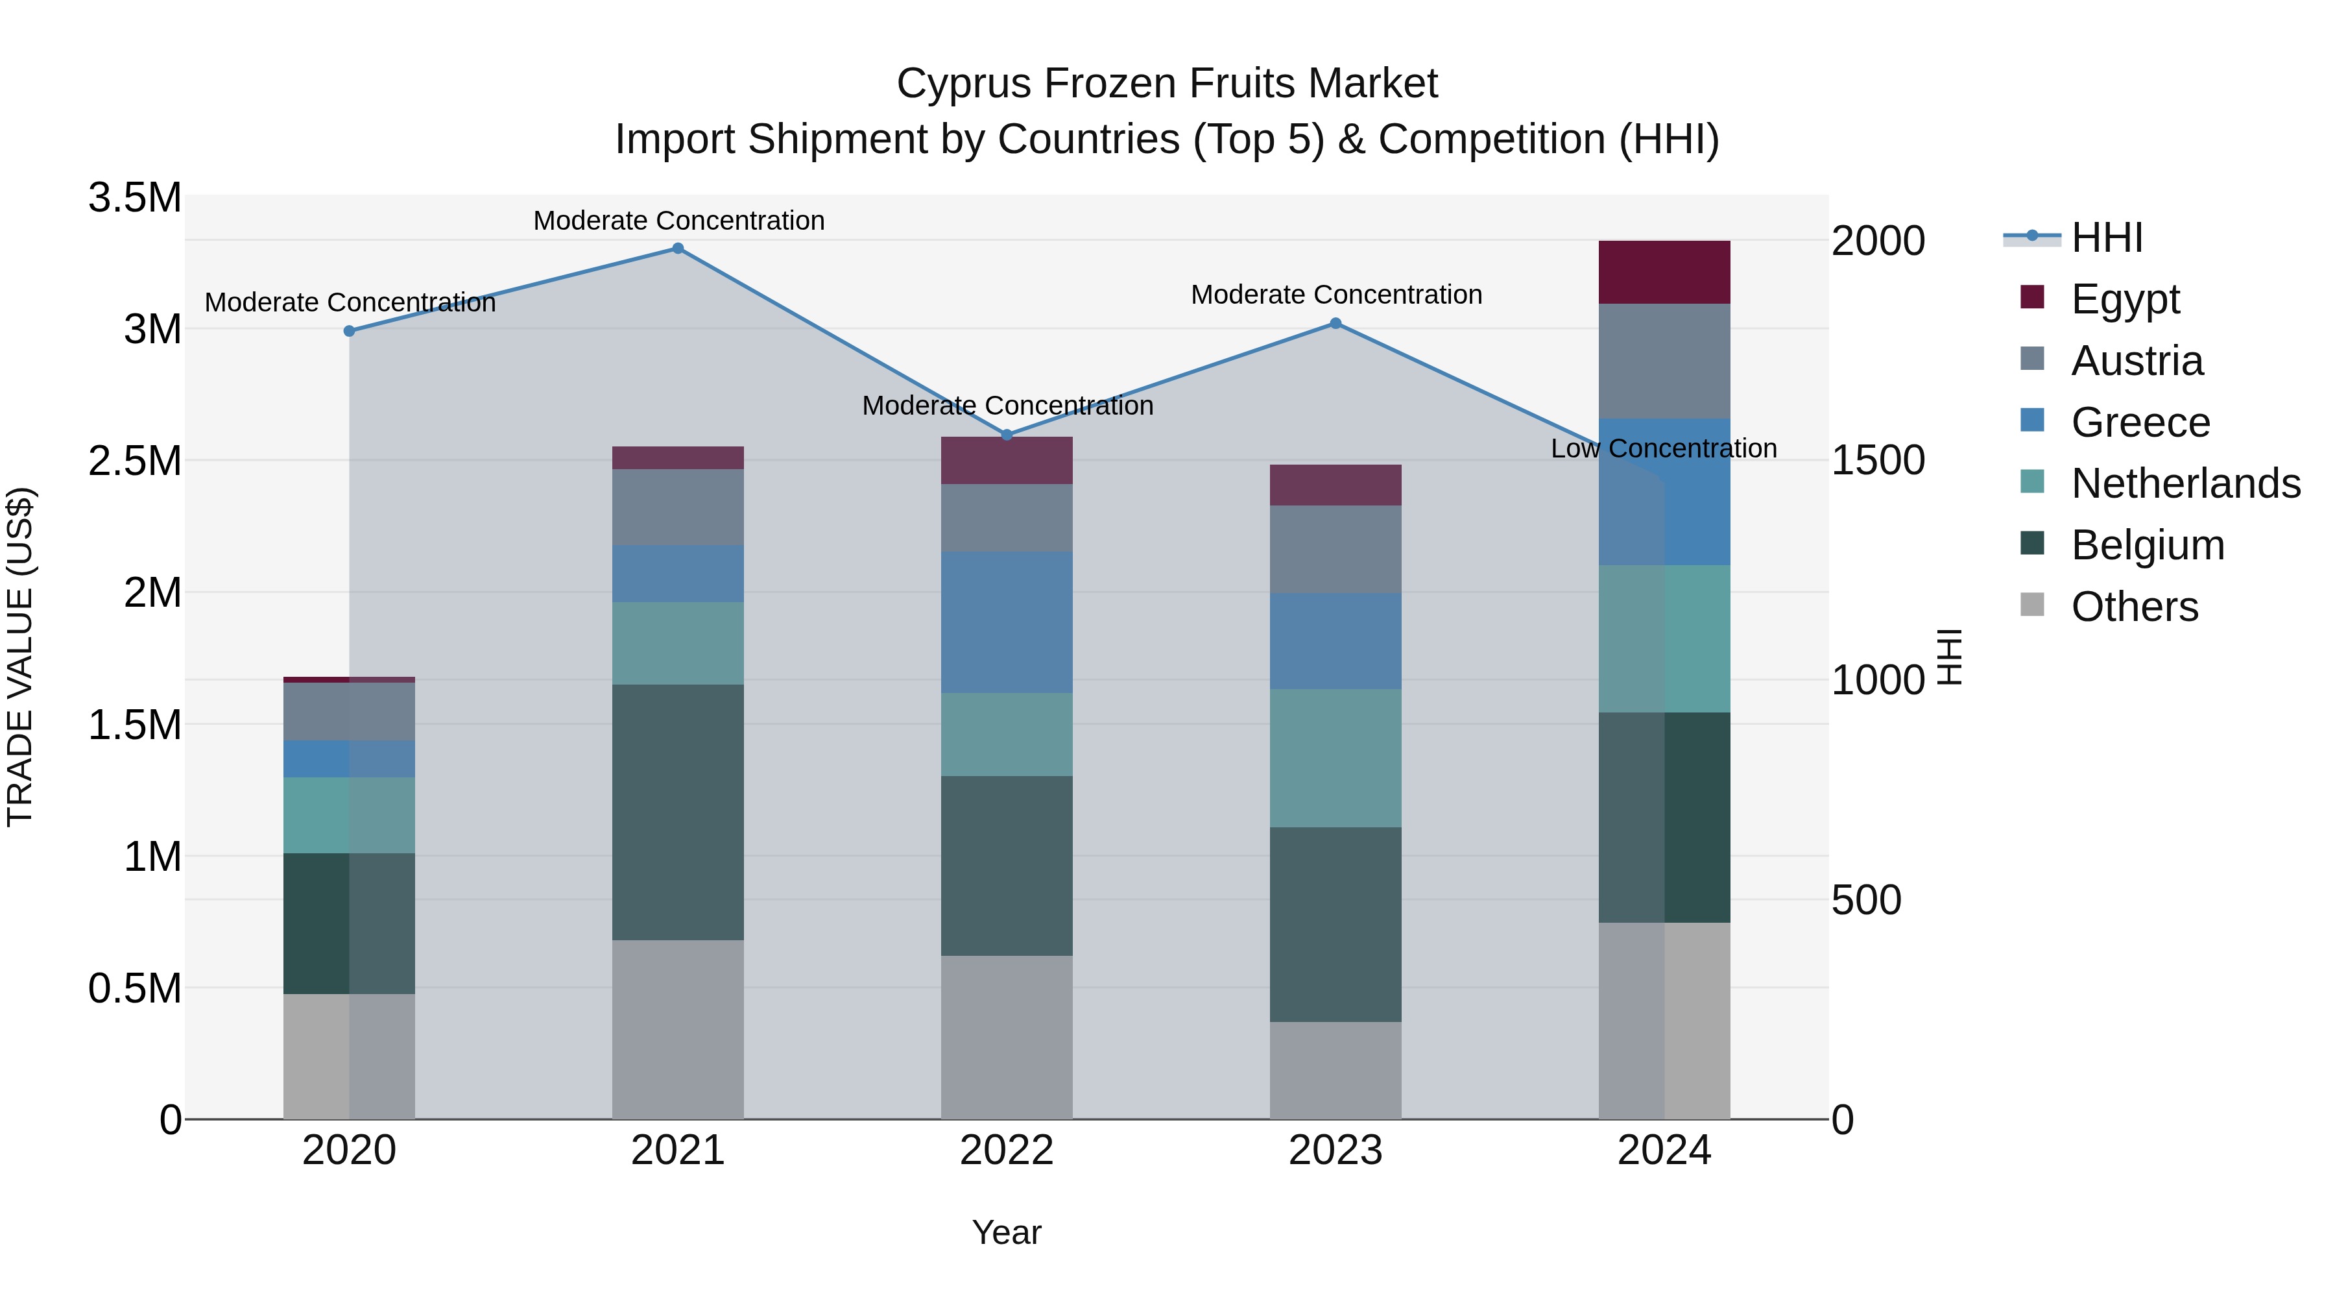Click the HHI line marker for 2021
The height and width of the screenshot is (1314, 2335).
[x=677, y=249]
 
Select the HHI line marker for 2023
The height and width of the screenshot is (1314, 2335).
[x=1335, y=324]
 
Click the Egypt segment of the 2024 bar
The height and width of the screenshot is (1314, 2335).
[x=1664, y=272]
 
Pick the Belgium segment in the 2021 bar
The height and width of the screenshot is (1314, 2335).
[x=677, y=812]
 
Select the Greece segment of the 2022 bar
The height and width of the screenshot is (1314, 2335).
[x=1006, y=622]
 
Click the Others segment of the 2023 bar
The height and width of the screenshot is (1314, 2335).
[x=1335, y=1070]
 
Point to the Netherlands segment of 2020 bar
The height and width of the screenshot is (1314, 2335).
[x=349, y=814]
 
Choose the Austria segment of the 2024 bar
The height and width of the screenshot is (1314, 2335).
[x=1664, y=361]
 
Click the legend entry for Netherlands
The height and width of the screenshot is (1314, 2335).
[x=2185, y=483]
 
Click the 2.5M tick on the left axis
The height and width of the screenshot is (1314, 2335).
[x=135, y=461]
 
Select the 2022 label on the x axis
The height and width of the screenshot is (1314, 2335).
[x=1006, y=1150]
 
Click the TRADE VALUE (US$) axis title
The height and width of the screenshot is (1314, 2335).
[x=20, y=657]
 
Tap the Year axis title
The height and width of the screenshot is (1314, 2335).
[x=1006, y=1232]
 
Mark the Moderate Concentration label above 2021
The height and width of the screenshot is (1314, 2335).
[x=678, y=221]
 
